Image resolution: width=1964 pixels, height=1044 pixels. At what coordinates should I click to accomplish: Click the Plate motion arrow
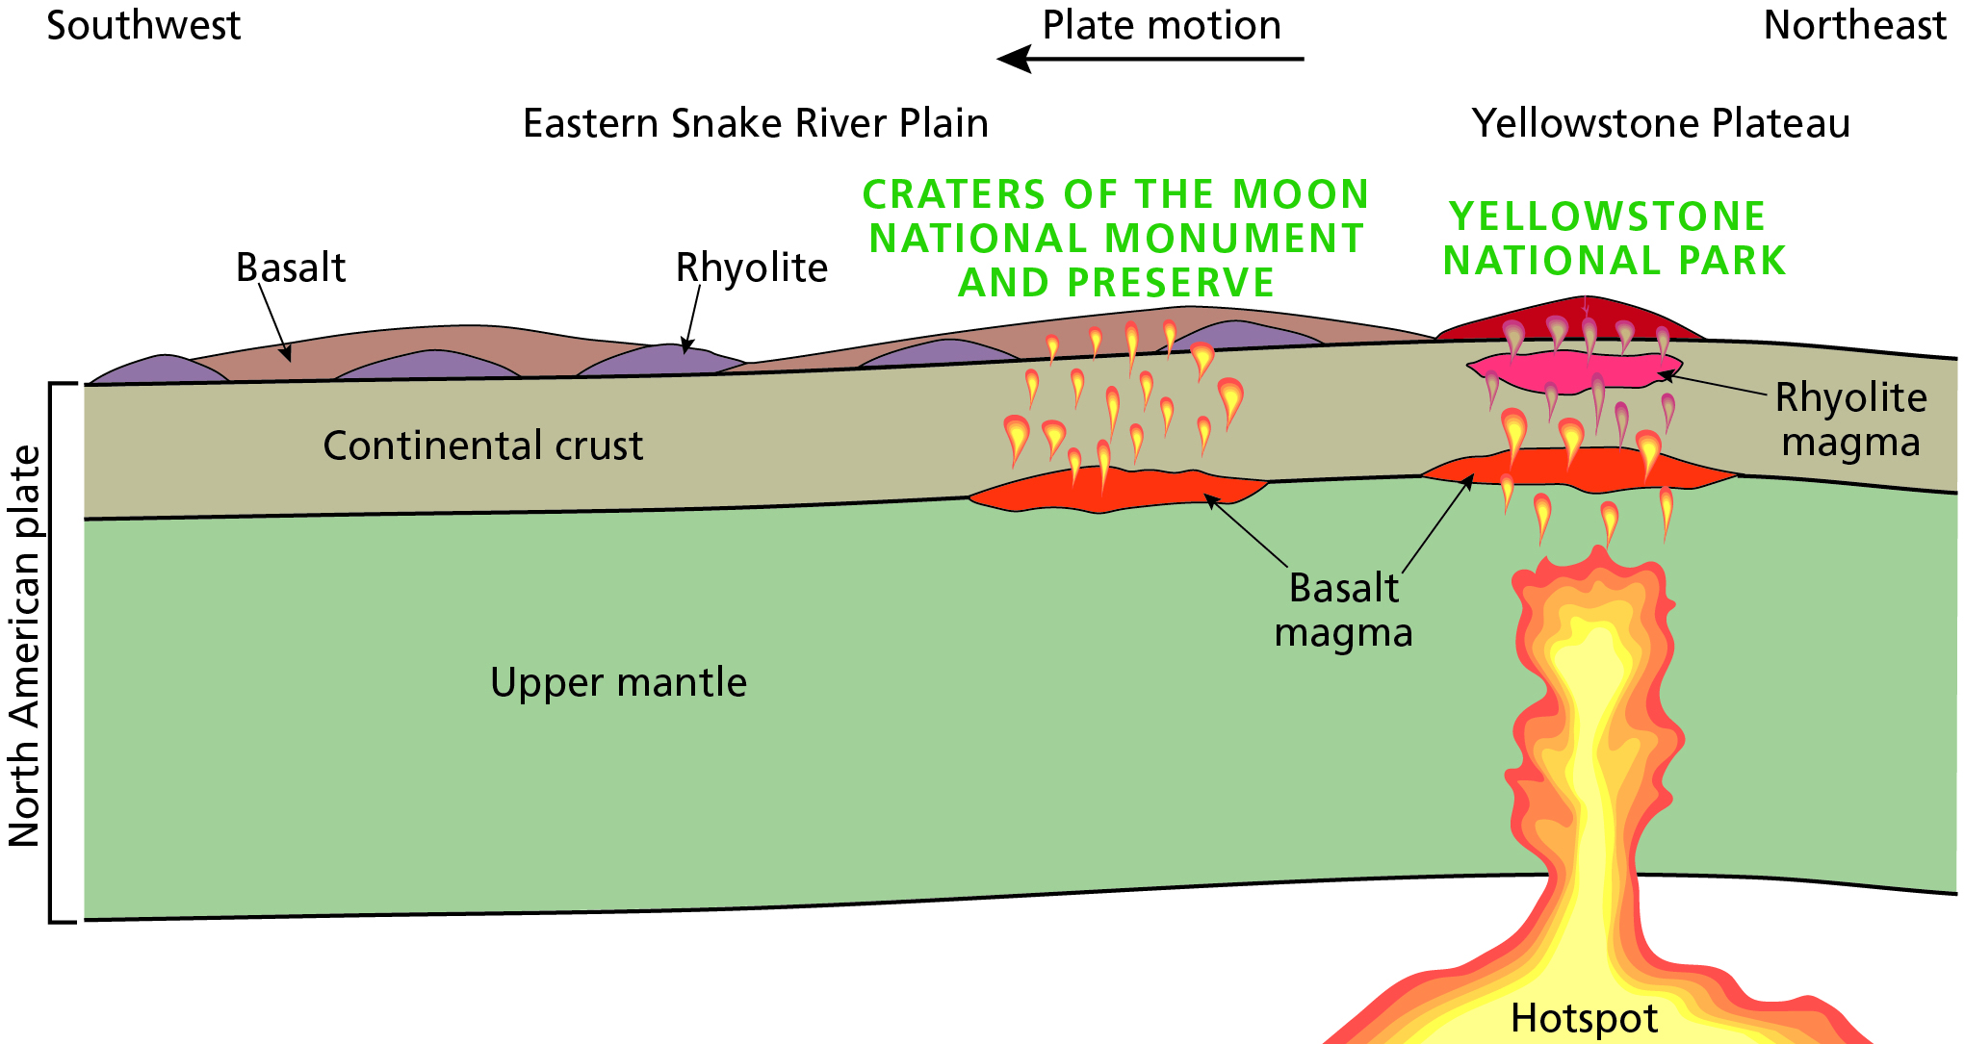click(x=1150, y=60)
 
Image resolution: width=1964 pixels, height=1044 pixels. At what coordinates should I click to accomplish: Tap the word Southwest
click(x=143, y=26)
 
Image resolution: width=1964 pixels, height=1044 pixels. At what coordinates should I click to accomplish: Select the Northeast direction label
click(x=1854, y=26)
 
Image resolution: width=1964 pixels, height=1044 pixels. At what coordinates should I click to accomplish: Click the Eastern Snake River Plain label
click(x=756, y=124)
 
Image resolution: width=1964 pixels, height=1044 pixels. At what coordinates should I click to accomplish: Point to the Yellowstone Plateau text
click(x=1661, y=124)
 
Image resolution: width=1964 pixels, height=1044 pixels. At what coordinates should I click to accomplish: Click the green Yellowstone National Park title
click(x=1614, y=239)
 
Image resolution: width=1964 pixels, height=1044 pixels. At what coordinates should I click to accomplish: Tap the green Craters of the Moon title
click(x=1116, y=239)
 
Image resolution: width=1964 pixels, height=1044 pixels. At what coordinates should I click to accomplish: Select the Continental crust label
click(x=482, y=446)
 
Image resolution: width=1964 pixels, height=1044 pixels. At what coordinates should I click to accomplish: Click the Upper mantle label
click(x=618, y=682)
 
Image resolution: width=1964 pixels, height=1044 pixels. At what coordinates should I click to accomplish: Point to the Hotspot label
click(x=1584, y=1018)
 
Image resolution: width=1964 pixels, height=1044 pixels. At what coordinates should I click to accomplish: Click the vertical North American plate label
click(x=25, y=646)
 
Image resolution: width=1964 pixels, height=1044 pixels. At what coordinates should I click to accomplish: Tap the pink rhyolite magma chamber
click(x=1573, y=371)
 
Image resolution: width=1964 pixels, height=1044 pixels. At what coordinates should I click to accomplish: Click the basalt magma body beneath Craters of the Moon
click(x=1117, y=488)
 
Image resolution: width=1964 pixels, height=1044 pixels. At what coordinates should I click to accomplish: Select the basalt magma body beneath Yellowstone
click(x=1579, y=468)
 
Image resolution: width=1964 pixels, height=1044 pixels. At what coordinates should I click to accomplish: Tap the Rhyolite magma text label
click(x=1850, y=420)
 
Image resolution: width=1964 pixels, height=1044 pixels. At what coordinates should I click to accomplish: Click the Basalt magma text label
click(x=1344, y=610)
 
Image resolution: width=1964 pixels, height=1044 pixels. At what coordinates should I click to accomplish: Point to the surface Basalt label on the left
click(x=290, y=267)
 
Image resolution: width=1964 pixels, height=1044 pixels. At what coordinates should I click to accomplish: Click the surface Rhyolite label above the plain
click(x=751, y=267)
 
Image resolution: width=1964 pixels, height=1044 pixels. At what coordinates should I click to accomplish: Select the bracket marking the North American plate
click(x=52, y=652)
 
